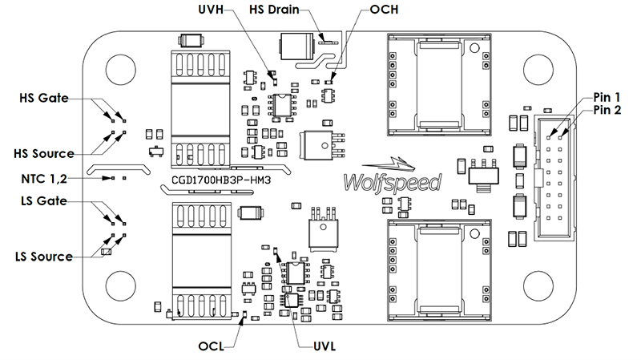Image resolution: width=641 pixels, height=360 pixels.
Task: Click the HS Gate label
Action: point(45,98)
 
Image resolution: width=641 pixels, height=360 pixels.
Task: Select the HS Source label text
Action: point(44,152)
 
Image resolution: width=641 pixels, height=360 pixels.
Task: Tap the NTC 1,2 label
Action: point(48,177)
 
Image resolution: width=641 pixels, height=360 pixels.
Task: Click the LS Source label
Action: point(44,257)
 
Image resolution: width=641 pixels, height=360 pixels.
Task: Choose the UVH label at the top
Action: point(212,10)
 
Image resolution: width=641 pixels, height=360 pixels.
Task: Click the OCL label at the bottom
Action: point(213,347)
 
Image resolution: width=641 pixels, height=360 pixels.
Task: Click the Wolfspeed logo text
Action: point(391,183)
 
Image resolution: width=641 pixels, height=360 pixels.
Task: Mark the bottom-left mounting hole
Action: point(119,285)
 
